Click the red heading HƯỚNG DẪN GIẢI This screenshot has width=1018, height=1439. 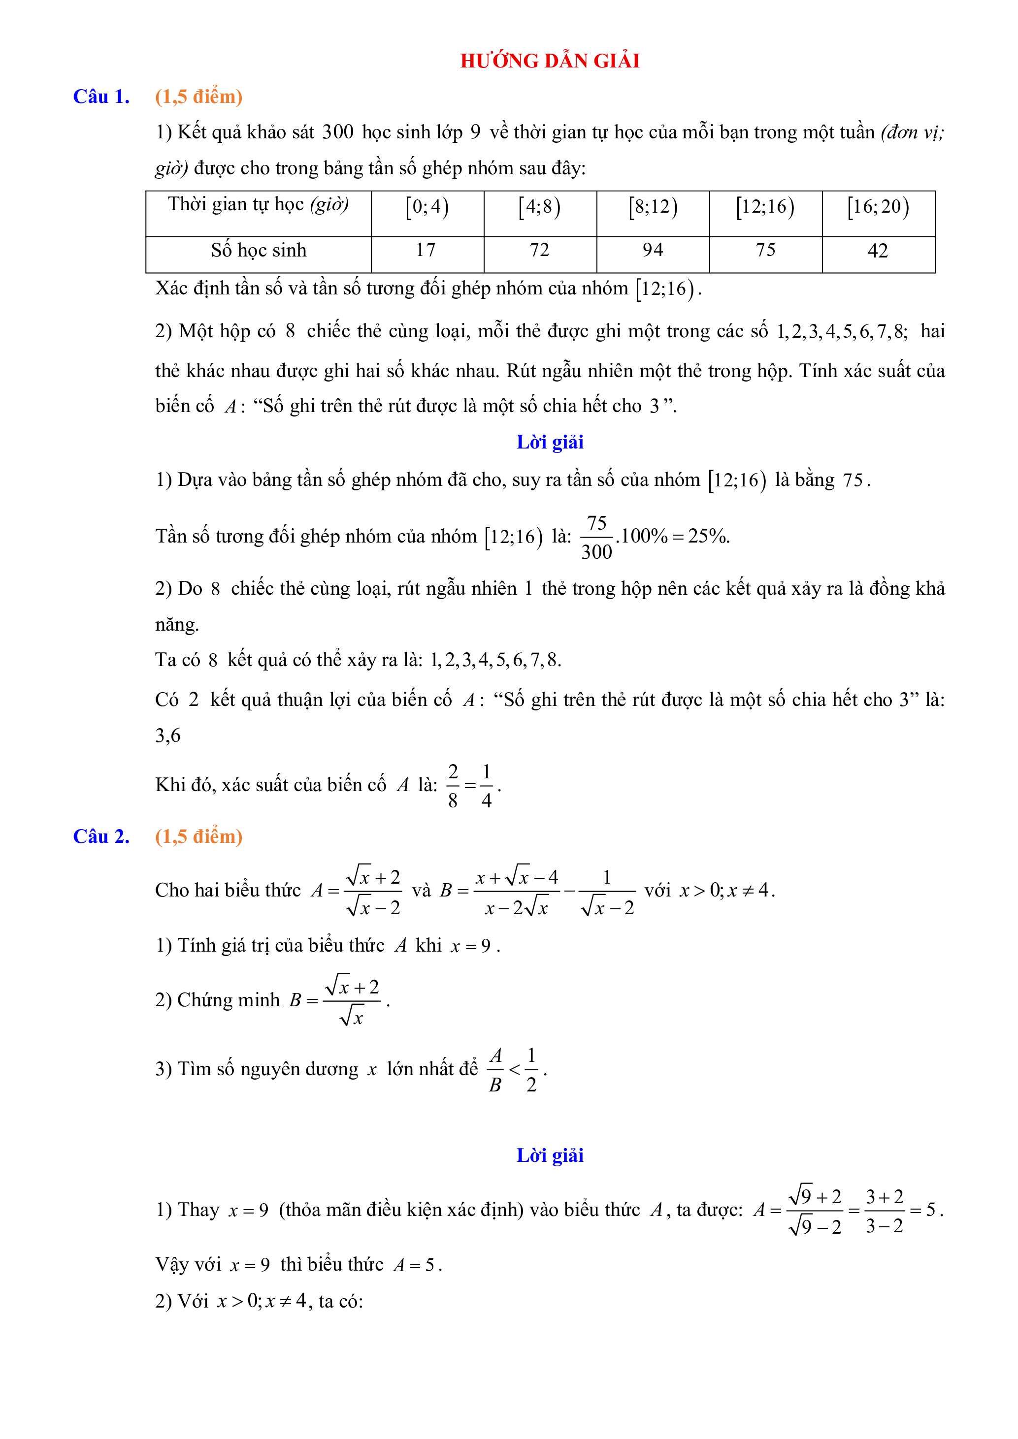549,61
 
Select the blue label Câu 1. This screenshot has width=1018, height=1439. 101,96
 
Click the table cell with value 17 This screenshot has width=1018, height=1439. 426,250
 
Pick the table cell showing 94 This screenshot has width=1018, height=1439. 653,250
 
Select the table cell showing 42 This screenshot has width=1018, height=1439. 878,251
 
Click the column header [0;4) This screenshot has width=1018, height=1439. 427,207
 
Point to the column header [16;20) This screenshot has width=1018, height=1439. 878,207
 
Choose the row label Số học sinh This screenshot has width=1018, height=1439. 258,250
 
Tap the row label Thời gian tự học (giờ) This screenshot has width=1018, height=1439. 258,204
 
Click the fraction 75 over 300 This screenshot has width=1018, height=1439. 596,537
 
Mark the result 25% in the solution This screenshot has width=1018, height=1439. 708,536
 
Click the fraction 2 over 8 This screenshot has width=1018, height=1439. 453,785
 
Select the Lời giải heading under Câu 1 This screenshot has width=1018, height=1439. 549,442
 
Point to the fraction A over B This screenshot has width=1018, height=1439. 495,1070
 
